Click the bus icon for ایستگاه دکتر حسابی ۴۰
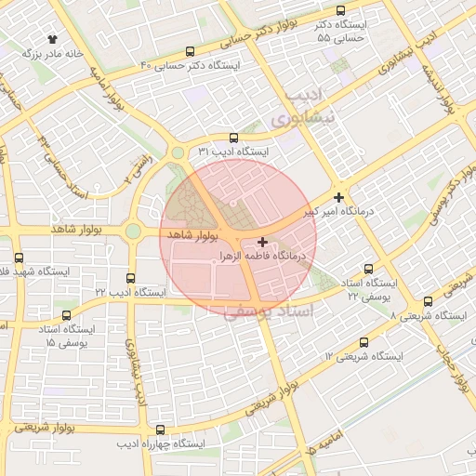[x=191, y=52]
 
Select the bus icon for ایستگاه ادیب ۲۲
[x=129, y=278]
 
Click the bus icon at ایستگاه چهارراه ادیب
[x=161, y=430]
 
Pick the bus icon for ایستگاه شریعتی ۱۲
[x=363, y=342]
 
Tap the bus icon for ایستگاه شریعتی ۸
[x=428, y=301]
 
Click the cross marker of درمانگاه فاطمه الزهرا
[x=263, y=242]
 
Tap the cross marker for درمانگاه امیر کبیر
[x=338, y=197]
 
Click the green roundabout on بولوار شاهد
[x=133, y=231]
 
